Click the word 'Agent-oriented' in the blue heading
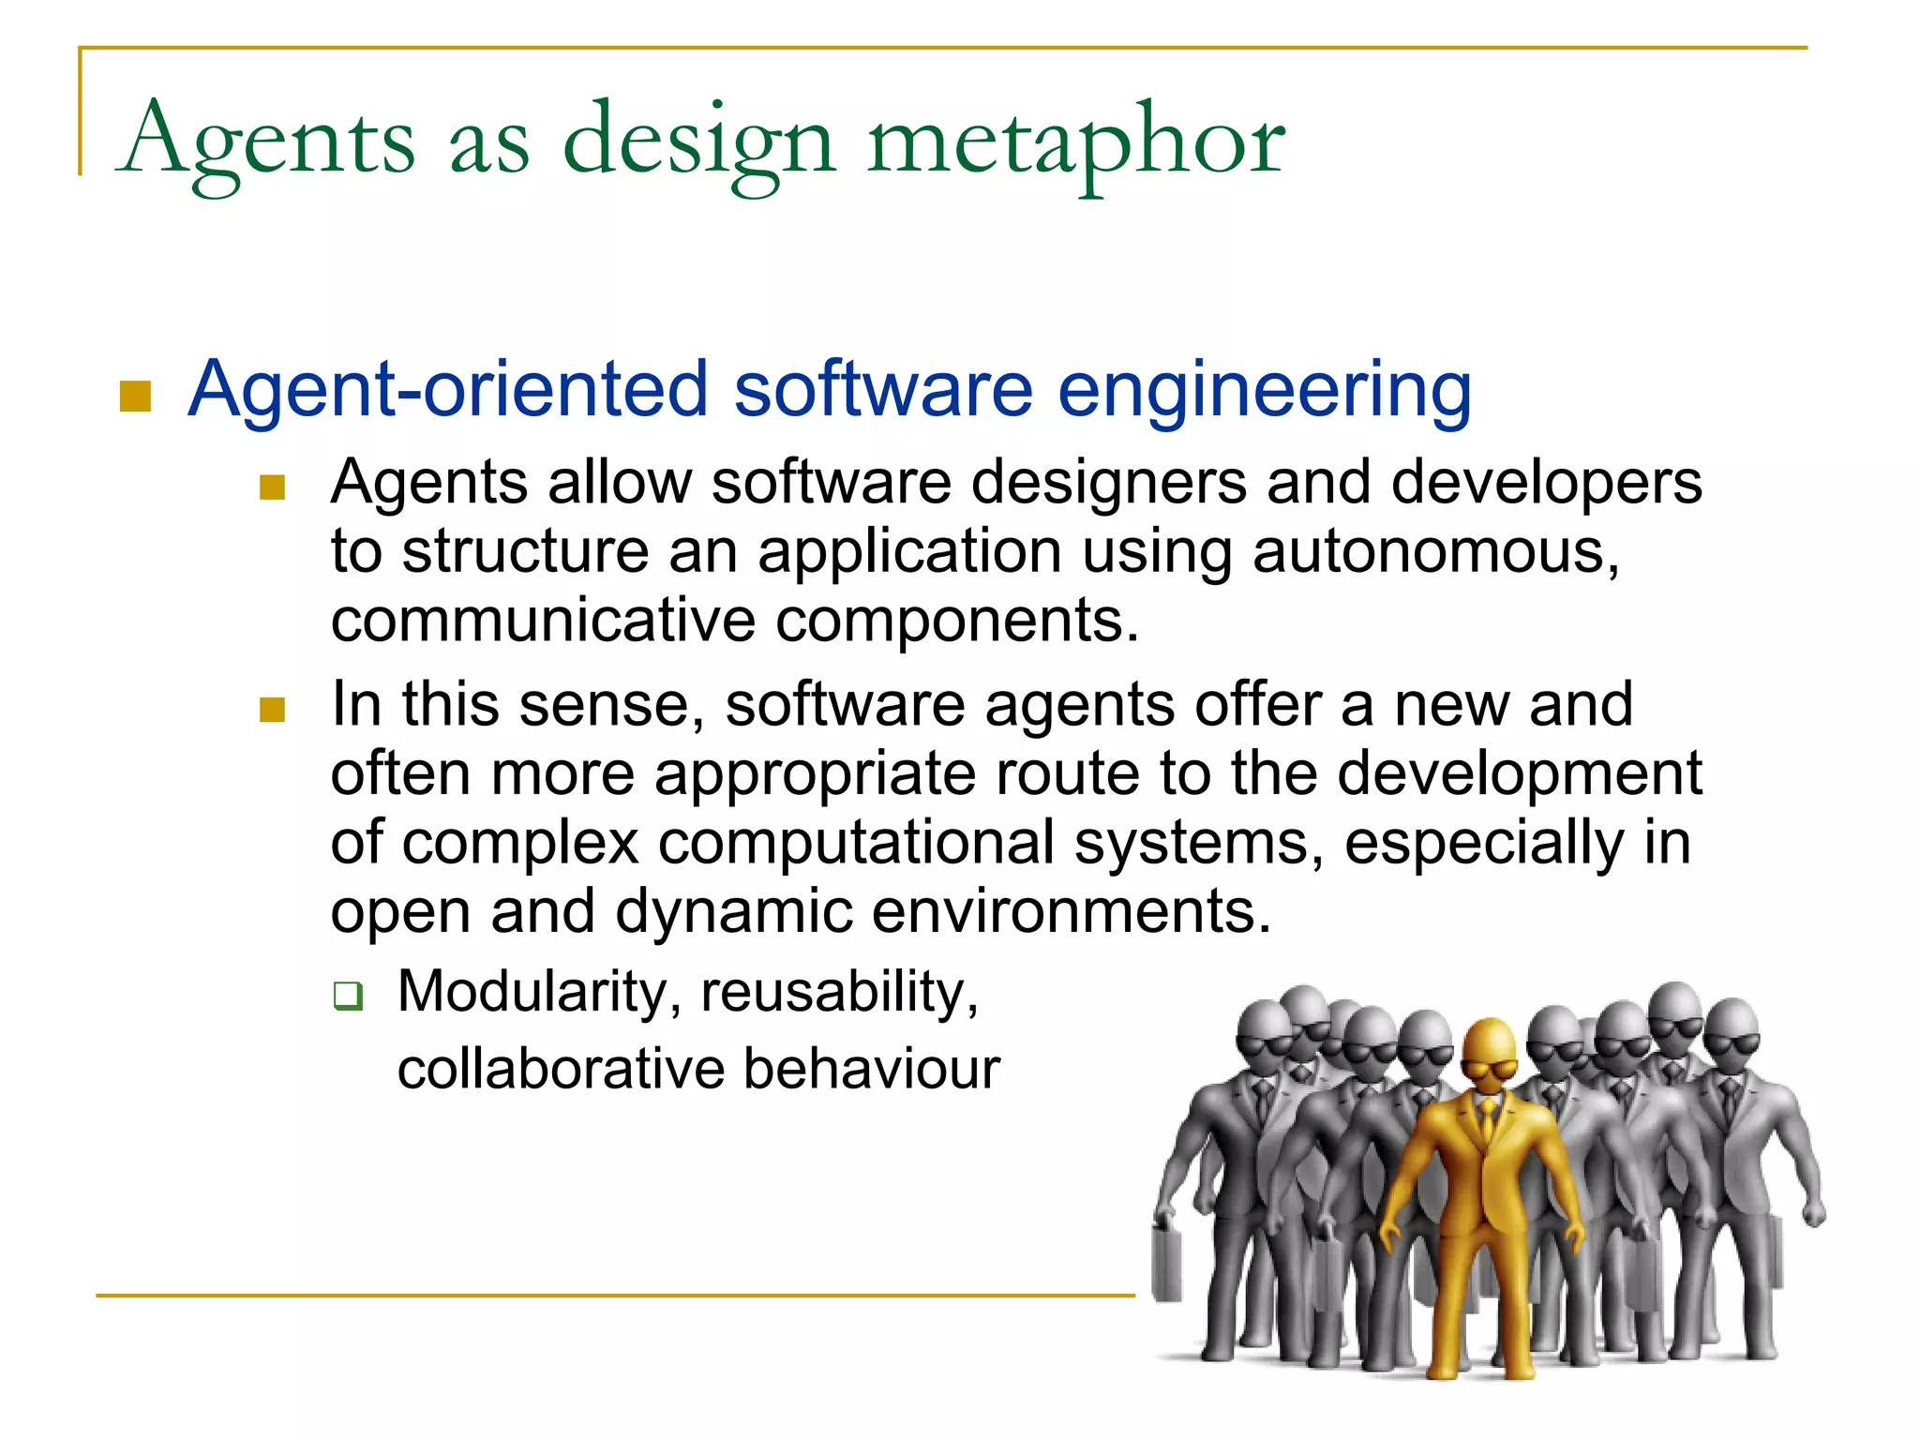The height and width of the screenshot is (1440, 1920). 448,389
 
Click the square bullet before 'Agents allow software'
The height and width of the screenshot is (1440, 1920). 272,487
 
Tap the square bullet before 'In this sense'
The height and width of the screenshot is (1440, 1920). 272,709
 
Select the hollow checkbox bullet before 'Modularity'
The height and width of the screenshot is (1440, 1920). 348,996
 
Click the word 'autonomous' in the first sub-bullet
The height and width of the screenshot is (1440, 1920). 1434,551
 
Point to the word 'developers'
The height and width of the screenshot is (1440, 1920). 1546,483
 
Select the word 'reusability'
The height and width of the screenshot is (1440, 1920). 839,992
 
